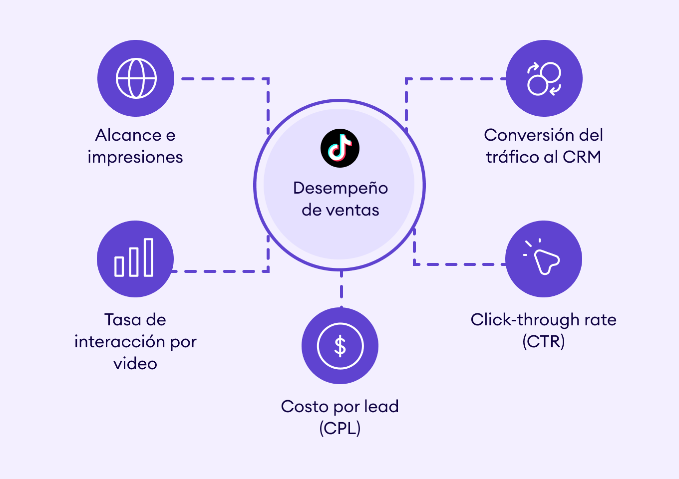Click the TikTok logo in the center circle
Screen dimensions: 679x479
tap(340, 148)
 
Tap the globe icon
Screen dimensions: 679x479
tap(136, 78)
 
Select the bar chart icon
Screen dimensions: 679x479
tap(134, 257)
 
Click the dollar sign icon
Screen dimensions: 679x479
tap(340, 346)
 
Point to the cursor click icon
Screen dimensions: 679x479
tap(541, 256)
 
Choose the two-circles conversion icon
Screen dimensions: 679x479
tap(544, 79)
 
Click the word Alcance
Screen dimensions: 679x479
tap(128, 135)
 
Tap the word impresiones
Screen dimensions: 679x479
tap(135, 157)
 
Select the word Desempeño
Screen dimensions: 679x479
tap(340, 189)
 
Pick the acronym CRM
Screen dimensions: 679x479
tap(582, 157)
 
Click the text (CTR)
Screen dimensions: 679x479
tap(544, 341)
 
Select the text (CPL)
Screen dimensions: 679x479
tap(340, 428)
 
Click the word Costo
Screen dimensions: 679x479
tap(305, 406)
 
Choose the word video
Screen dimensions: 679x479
tap(135, 364)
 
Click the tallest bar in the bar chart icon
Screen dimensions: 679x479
tap(148, 257)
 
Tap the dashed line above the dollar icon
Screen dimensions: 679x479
tap(341, 289)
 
